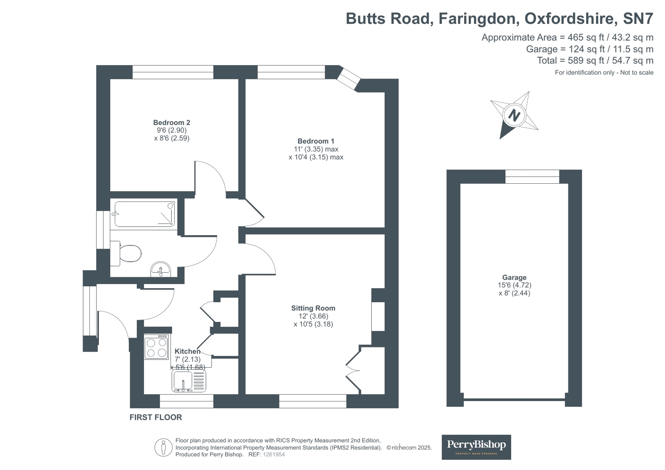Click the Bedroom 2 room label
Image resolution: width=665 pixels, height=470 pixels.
coord(172,123)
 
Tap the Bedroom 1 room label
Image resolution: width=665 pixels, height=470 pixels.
coord(316,141)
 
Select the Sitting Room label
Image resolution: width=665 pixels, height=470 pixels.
coord(313,308)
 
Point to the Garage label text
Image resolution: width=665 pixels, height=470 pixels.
coord(514,278)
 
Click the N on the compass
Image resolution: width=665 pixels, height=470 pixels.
coord(514,115)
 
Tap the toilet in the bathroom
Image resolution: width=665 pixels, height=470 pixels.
coord(126,253)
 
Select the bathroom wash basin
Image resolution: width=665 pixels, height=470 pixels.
coord(161,269)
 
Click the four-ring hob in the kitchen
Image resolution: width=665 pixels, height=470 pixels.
coord(156,347)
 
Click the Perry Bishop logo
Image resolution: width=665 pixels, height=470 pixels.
coord(476,447)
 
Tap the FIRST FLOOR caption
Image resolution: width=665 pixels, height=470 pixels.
coord(156,417)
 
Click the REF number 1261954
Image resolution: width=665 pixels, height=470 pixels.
coord(274,455)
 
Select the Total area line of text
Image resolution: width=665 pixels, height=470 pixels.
coord(595,61)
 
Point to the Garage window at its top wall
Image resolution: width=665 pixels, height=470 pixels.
coord(532,177)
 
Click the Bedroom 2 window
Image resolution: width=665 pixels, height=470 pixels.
coord(173,72)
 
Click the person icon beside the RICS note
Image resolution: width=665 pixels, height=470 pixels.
coord(163,448)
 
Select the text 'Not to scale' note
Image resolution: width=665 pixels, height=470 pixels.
coord(637,72)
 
